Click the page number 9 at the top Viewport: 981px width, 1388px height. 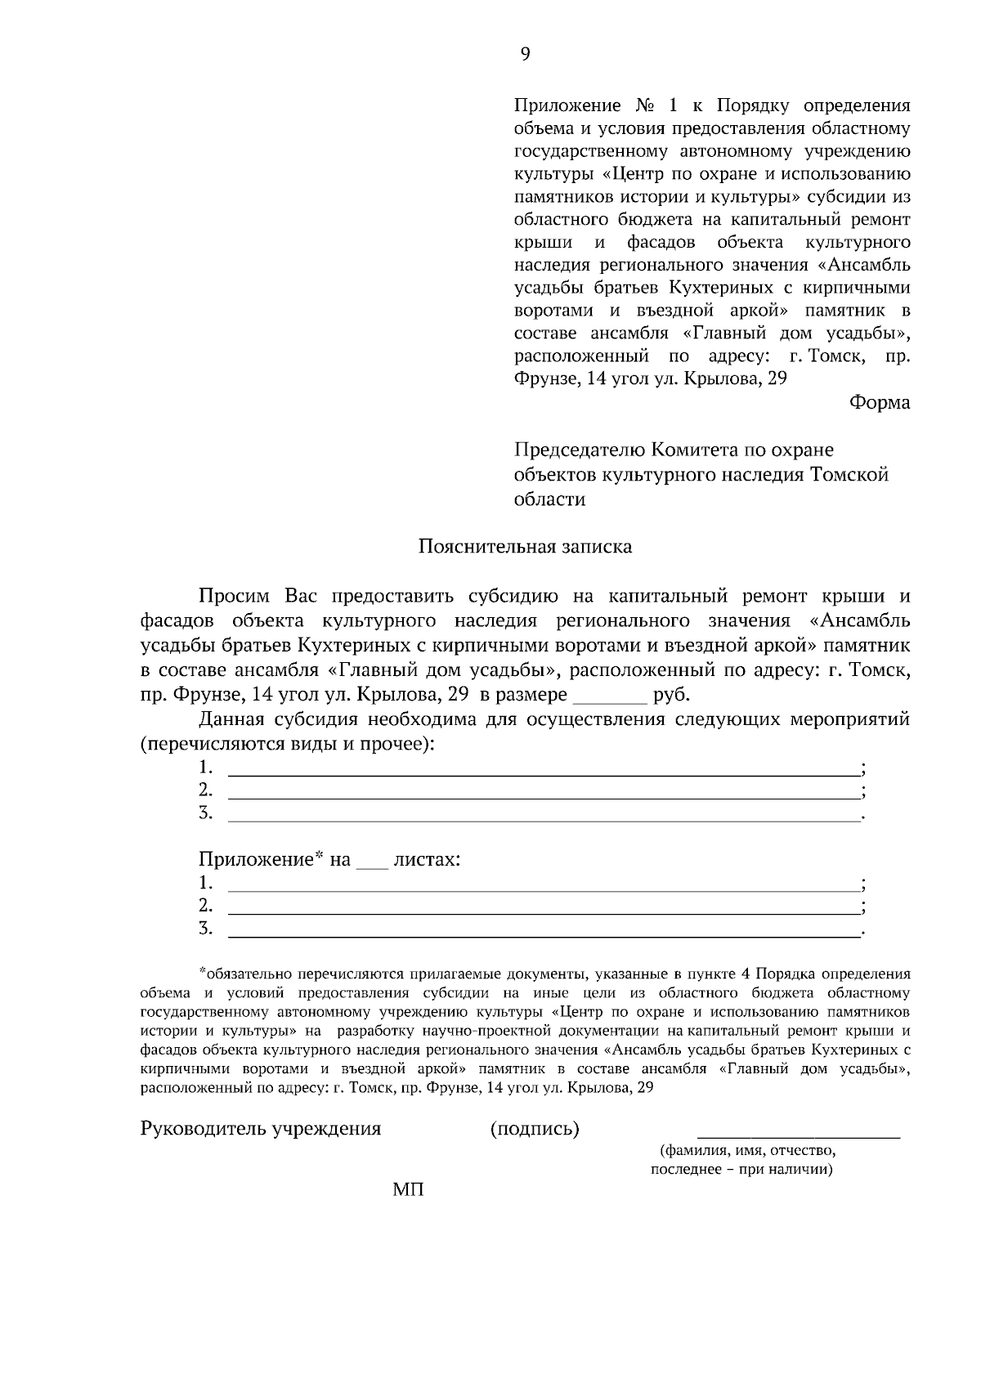coord(525,54)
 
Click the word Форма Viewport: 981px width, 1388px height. coord(880,402)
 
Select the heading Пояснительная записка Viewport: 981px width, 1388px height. coord(525,546)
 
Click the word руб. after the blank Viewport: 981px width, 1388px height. coord(672,696)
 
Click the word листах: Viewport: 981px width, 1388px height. coord(427,860)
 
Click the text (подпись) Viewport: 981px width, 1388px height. coord(535,1130)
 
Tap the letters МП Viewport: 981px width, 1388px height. coord(408,1189)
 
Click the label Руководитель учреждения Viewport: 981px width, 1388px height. coord(261,1130)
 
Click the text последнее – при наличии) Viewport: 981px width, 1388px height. coord(741,1170)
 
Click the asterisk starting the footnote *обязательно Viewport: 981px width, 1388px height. coord(203,972)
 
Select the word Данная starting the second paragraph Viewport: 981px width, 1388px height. coord(232,720)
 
